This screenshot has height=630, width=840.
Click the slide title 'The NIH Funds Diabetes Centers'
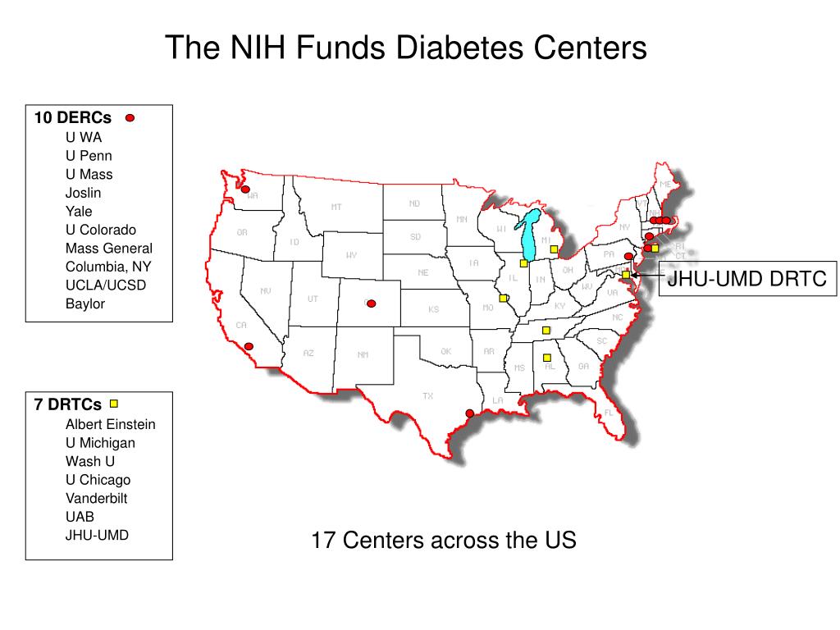[x=405, y=48]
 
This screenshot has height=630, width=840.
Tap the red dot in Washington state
[x=244, y=189]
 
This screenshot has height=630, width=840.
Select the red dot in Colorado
[x=371, y=304]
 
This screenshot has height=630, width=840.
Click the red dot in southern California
[x=249, y=346]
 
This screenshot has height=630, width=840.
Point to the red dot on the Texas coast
[x=469, y=413]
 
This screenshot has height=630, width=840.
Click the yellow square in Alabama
[x=546, y=358]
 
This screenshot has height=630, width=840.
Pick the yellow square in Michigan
[x=554, y=249]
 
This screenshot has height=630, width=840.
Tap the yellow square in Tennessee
[x=546, y=331]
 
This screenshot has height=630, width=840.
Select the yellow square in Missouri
[x=503, y=299]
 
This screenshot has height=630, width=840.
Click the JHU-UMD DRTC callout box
[x=746, y=279]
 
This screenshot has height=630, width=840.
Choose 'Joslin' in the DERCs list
[x=83, y=193]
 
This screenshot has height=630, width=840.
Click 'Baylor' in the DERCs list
[x=85, y=304]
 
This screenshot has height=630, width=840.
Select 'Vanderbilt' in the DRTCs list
[x=96, y=498]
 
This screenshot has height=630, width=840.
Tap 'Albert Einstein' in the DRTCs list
[x=110, y=424]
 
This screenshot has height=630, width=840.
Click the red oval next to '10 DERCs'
[x=130, y=118]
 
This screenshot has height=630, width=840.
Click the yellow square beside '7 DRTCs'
[x=114, y=404]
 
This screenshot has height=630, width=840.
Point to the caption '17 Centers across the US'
[x=443, y=541]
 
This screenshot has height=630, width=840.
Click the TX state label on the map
[x=427, y=396]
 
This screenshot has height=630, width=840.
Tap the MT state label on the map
[x=336, y=207]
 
